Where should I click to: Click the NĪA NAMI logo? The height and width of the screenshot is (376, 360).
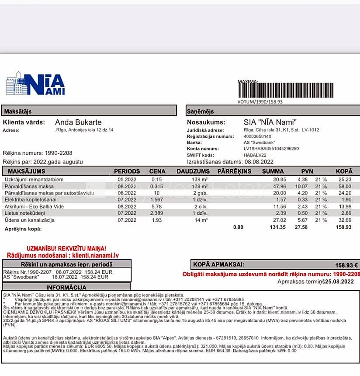(x=35, y=84)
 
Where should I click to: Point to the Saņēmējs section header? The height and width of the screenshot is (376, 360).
(x=199, y=111)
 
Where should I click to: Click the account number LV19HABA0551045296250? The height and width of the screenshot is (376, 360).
(x=271, y=149)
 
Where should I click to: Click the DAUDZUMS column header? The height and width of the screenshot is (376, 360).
(x=193, y=171)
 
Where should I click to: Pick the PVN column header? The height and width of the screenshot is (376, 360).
(x=307, y=171)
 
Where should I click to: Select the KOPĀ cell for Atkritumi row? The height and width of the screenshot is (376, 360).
(x=345, y=206)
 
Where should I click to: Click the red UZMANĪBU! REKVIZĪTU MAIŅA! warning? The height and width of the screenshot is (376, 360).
(x=66, y=248)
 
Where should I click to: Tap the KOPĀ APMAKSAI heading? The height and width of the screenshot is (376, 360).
(x=219, y=265)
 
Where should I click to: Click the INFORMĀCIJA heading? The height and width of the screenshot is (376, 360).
(x=66, y=287)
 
